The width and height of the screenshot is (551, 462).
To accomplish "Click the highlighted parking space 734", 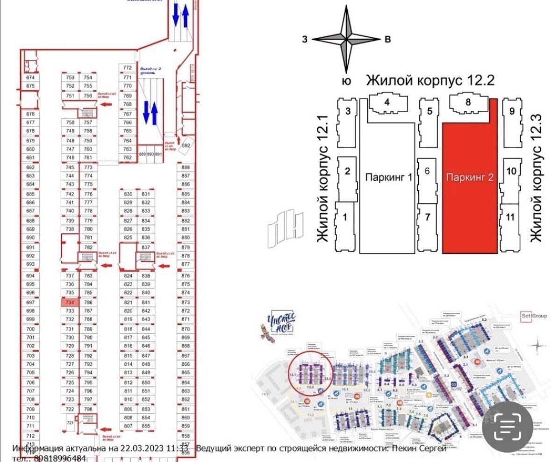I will pyautogui.click(x=70, y=302).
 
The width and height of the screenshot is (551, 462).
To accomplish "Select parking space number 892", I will pyautogui.click(x=186, y=145).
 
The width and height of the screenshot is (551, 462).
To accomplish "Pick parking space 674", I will pyautogui.click(x=31, y=77).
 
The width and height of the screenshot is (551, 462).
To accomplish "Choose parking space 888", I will pyautogui.click(x=186, y=167).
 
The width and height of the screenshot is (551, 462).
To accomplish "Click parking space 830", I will pyautogui.click(x=128, y=194).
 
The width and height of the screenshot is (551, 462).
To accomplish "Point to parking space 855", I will pyautogui.click(x=146, y=426).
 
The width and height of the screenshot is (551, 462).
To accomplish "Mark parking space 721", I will pyautogui.click(x=70, y=423).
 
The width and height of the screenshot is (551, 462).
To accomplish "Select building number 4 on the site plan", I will pyautogui.click(x=387, y=101).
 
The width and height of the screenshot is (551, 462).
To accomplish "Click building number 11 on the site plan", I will pyautogui.click(x=510, y=217).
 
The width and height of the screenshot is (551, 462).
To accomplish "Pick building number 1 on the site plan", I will pyautogui.click(x=345, y=217).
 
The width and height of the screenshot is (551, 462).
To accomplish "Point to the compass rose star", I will pyautogui.click(x=346, y=39).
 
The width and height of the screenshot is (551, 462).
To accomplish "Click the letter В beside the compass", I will pyautogui.click(x=387, y=39).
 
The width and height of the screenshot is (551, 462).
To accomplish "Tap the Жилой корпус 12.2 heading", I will pyautogui.click(x=430, y=80).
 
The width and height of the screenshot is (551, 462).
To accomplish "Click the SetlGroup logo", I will pyautogui.click(x=534, y=316).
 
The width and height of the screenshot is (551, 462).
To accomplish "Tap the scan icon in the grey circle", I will pyautogui.click(x=508, y=425).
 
